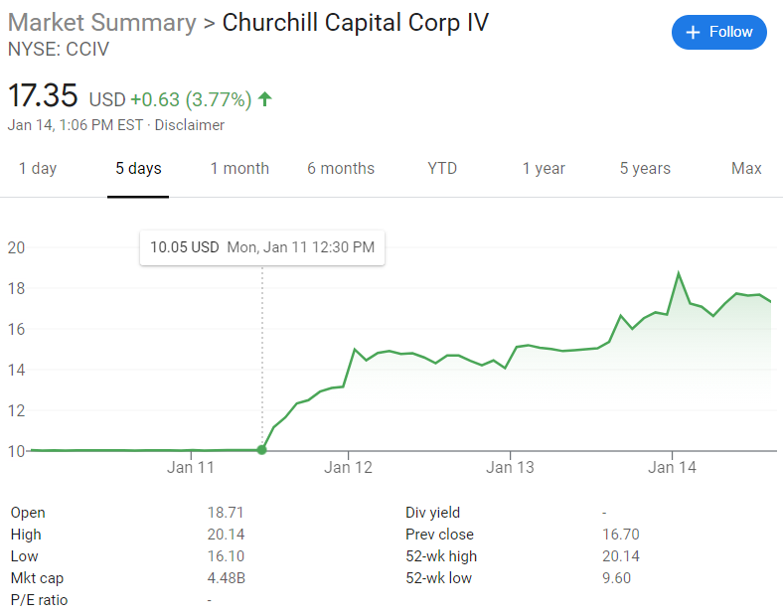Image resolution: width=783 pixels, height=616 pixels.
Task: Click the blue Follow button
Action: click(x=719, y=32)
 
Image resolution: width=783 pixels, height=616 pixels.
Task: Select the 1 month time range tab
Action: click(x=239, y=169)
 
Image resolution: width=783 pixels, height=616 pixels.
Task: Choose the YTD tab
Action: click(x=442, y=169)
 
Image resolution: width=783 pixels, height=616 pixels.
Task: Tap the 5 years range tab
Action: click(x=645, y=169)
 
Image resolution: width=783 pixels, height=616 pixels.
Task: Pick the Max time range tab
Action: click(x=746, y=169)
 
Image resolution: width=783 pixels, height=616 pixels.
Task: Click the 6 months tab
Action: click(x=341, y=169)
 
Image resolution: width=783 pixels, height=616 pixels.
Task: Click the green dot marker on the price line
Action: click(x=261, y=450)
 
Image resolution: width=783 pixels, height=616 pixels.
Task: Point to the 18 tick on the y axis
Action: click(x=16, y=288)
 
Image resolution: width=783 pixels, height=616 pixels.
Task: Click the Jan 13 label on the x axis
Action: click(x=511, y=467)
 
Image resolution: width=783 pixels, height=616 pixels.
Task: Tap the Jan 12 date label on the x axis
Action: click(x=348, y=467)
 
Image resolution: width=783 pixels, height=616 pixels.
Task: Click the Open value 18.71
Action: click(x=225, y=513)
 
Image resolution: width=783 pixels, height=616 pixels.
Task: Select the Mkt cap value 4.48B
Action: click(x=226, y=578)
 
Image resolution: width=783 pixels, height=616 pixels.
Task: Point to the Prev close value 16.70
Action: click(x=622, y=535)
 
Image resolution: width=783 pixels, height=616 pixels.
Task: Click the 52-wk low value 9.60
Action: click(x=617, y=578)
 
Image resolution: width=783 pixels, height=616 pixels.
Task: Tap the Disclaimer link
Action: click(x=190, y=125)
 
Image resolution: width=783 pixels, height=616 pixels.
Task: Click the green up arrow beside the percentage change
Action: click(x=264, y=98)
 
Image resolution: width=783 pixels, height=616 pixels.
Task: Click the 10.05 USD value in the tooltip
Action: click(x=184, y=247)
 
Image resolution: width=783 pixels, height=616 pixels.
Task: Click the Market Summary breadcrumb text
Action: click(x=101, y=22)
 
